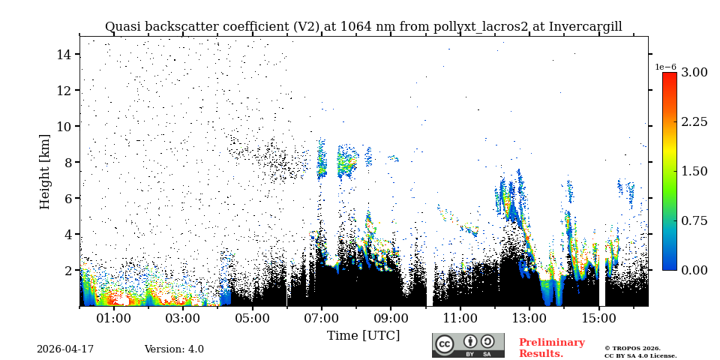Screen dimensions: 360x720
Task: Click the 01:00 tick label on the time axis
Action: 113,318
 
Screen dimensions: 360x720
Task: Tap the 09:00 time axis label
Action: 391,318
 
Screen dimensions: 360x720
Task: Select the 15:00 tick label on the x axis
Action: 598,318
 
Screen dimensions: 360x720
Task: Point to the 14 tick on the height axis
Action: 63,54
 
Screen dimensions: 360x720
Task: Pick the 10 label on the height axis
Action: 63,126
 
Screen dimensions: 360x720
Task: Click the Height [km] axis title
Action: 45,171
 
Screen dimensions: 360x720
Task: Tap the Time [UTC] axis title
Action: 363,335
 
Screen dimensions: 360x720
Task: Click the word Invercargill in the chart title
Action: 585,27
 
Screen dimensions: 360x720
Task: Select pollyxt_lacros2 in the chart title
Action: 481,27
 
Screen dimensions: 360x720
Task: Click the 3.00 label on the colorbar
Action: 694,72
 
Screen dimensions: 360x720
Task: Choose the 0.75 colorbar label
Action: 694,220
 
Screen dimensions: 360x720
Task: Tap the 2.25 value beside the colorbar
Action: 694,121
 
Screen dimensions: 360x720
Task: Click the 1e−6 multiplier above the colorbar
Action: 666,67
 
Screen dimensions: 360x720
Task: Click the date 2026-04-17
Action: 65,349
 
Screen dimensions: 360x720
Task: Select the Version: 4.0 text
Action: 174,349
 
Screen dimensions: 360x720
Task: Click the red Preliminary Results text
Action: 551,348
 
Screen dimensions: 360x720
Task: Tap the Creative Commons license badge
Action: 468,345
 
